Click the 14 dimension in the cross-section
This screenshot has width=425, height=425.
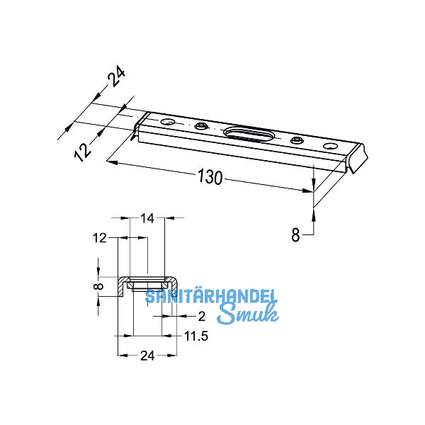click(147, 220)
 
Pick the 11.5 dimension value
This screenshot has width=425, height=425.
click(197, 337)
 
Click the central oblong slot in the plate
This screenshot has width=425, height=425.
click(248, 132)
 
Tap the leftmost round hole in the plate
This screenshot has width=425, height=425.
click(168, 123)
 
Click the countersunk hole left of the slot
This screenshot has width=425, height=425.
click(202, 126)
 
